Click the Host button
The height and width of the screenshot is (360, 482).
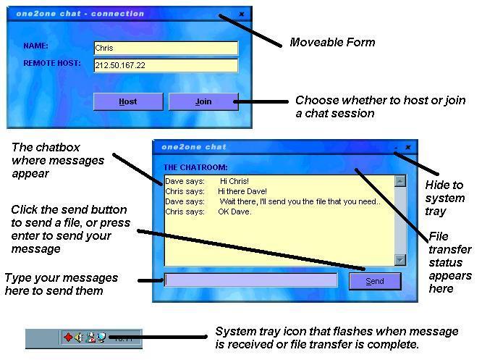[x=128, y=101]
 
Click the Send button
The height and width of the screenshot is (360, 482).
[x=375, y=281]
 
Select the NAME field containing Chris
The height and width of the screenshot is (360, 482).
[x=166, y=48]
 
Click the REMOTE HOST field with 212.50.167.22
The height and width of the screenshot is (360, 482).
[x=166, y=65]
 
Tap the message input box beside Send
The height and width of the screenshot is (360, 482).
[x=250, y=280]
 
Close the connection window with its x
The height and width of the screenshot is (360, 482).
[x=242, y=14]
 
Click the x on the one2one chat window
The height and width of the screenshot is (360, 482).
[x=408, y=147]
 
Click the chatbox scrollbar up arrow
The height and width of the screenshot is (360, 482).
[x=400, y=181]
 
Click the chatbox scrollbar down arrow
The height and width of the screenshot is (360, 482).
[x=400, y=259]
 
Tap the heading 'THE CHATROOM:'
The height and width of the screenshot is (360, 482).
[x=195, y=167]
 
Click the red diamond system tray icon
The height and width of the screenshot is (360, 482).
[x=68, y=337]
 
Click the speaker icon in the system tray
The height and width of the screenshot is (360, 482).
[x=79, y=337]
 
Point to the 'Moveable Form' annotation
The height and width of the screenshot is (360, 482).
[x=332, y=43]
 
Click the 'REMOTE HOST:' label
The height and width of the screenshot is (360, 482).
[x=52, y=63]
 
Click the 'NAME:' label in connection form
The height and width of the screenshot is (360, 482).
[x=35, y=46]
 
